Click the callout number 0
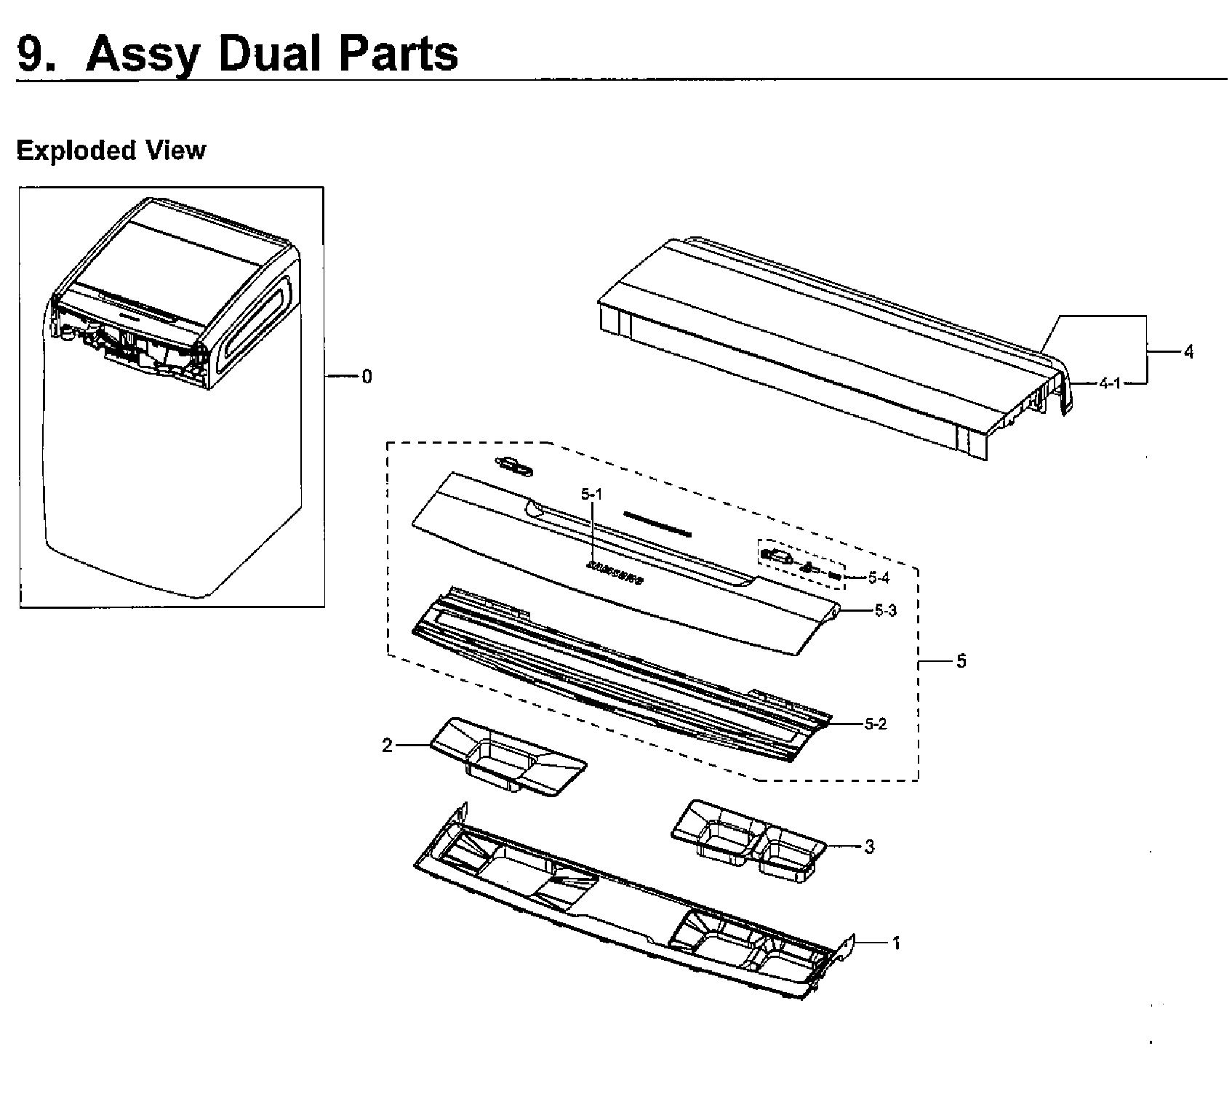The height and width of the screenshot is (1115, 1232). tap(367, 377)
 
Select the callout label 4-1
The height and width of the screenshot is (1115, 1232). tap(1109, 383)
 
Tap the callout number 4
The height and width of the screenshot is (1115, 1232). tap(1188, 353)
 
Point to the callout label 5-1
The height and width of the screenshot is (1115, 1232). tap(592, 495)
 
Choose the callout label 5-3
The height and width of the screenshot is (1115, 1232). tap(885, 611)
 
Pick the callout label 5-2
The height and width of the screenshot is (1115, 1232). tap(876, 724)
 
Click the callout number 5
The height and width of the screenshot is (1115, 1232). tap(961, 662)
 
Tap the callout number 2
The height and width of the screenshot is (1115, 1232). tap(388, 746)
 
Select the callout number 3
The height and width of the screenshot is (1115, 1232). tap(869, 847)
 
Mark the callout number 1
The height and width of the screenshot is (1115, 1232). tap(896, 943)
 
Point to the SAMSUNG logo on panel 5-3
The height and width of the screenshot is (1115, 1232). tap(615, 575)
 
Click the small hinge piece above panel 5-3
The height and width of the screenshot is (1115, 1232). tap(515, 467)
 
